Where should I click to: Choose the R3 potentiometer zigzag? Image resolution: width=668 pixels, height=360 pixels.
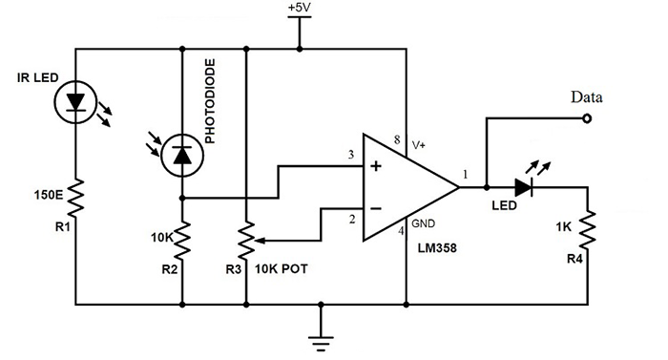246,240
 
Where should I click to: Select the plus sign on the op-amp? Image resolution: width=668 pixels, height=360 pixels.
375,167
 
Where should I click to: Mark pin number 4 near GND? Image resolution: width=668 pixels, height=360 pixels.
400,229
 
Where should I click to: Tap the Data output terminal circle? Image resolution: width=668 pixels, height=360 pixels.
586,119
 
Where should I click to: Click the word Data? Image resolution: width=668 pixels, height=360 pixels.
586,97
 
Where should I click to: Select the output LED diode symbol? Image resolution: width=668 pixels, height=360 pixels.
523,188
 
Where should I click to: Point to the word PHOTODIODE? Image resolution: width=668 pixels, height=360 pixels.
211,106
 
